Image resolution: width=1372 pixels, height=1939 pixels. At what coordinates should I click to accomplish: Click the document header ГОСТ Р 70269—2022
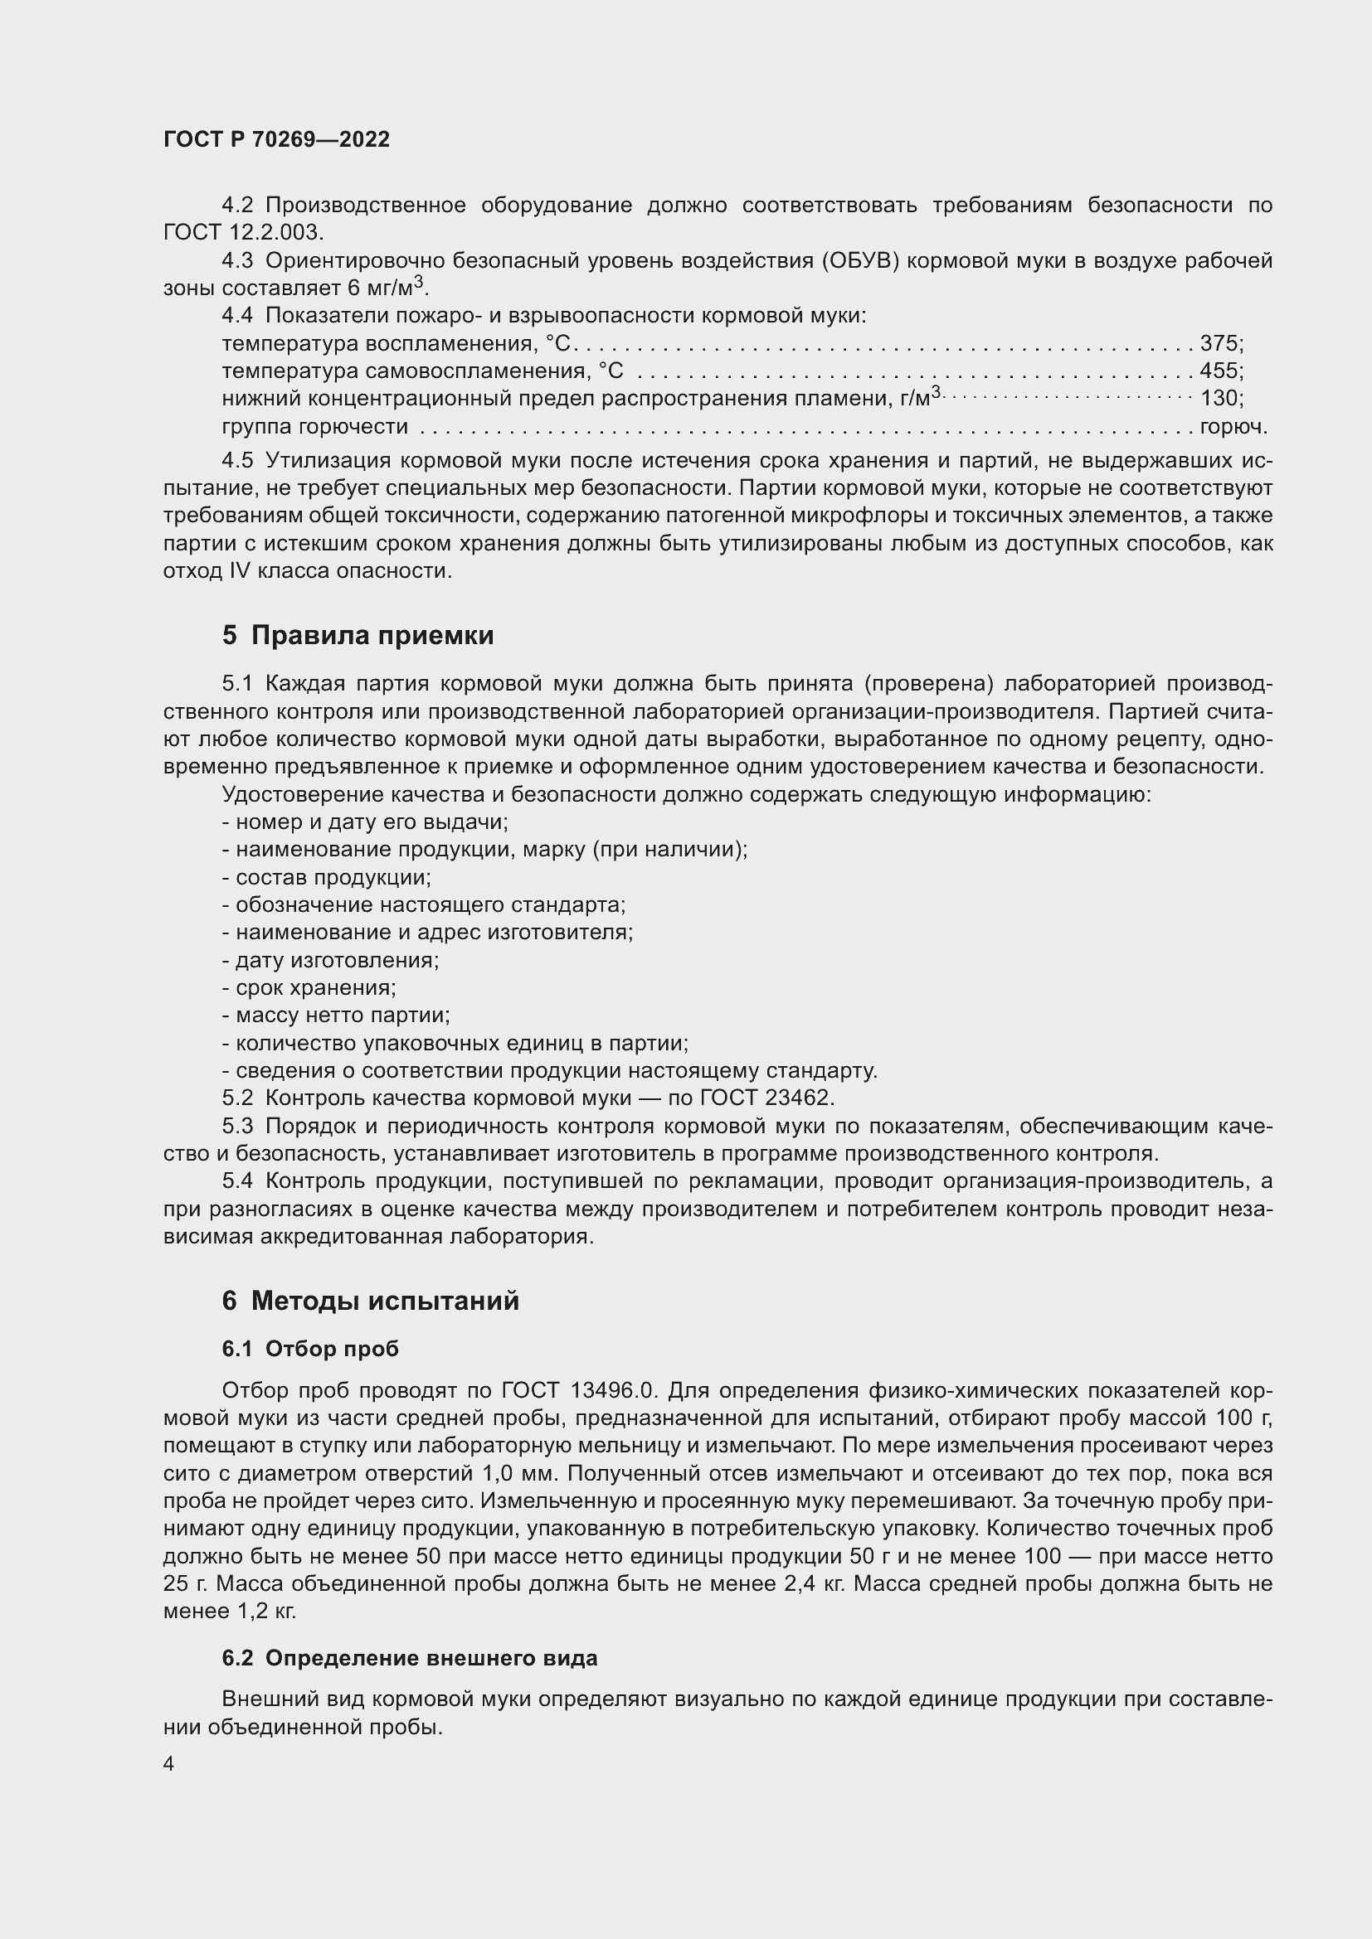276,140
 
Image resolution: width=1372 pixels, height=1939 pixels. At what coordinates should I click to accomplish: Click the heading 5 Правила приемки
358,635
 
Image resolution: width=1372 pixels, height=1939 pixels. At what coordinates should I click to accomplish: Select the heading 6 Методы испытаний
370,1301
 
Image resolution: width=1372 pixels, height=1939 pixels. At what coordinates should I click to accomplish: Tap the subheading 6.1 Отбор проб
310,1349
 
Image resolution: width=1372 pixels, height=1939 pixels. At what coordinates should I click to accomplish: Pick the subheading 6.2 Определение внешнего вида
410,1658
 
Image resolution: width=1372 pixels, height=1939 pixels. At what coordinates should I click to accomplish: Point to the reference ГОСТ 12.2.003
242,233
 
